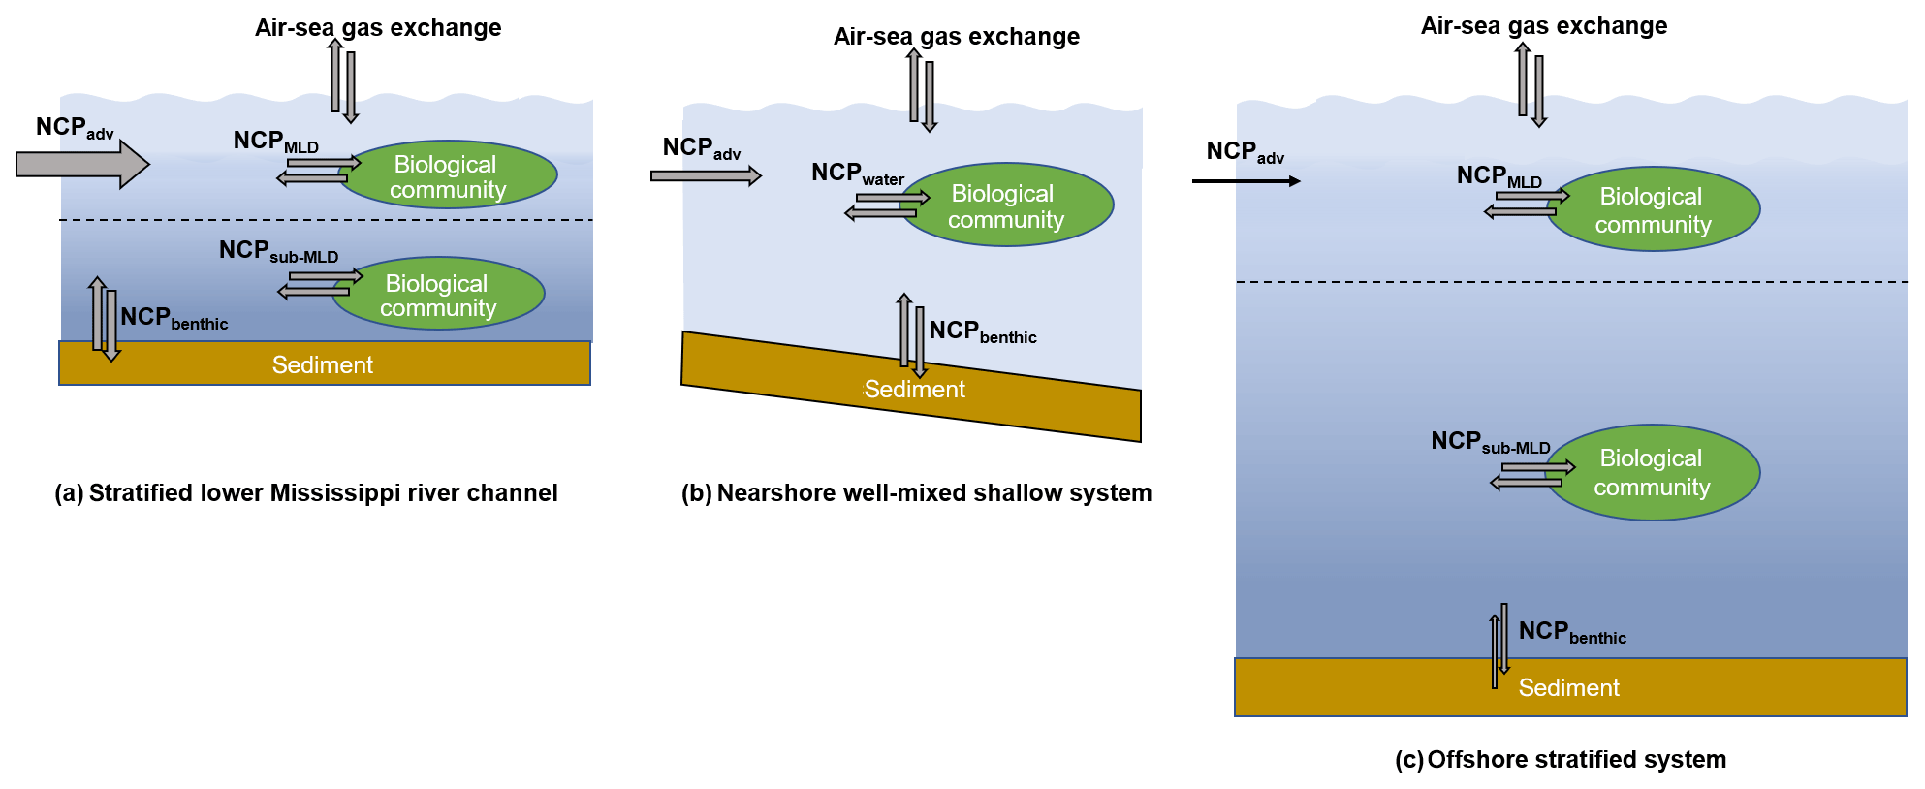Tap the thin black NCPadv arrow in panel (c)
tap(1246, 181)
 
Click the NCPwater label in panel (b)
tap(857, 174)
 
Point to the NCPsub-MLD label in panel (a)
tap(278, 251)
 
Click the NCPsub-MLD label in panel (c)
tap(1490, 442)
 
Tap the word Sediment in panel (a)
tap(322, 365)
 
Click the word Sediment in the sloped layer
tap(914, 390)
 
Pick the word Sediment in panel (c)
tap(1568, 688)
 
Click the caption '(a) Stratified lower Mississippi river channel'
tap(306, 493)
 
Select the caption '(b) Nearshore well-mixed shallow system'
tap(916, 493)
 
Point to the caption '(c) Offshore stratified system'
tap(1560, 760)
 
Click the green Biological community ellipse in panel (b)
tap(1007, 205)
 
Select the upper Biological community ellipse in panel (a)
tap(448, 175)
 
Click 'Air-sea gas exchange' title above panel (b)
tap(956, 37)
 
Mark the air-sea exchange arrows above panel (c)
tap(1531, 85)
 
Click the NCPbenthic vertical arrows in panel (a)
tap(104, 319)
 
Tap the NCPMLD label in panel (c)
tap(1499, 176)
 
